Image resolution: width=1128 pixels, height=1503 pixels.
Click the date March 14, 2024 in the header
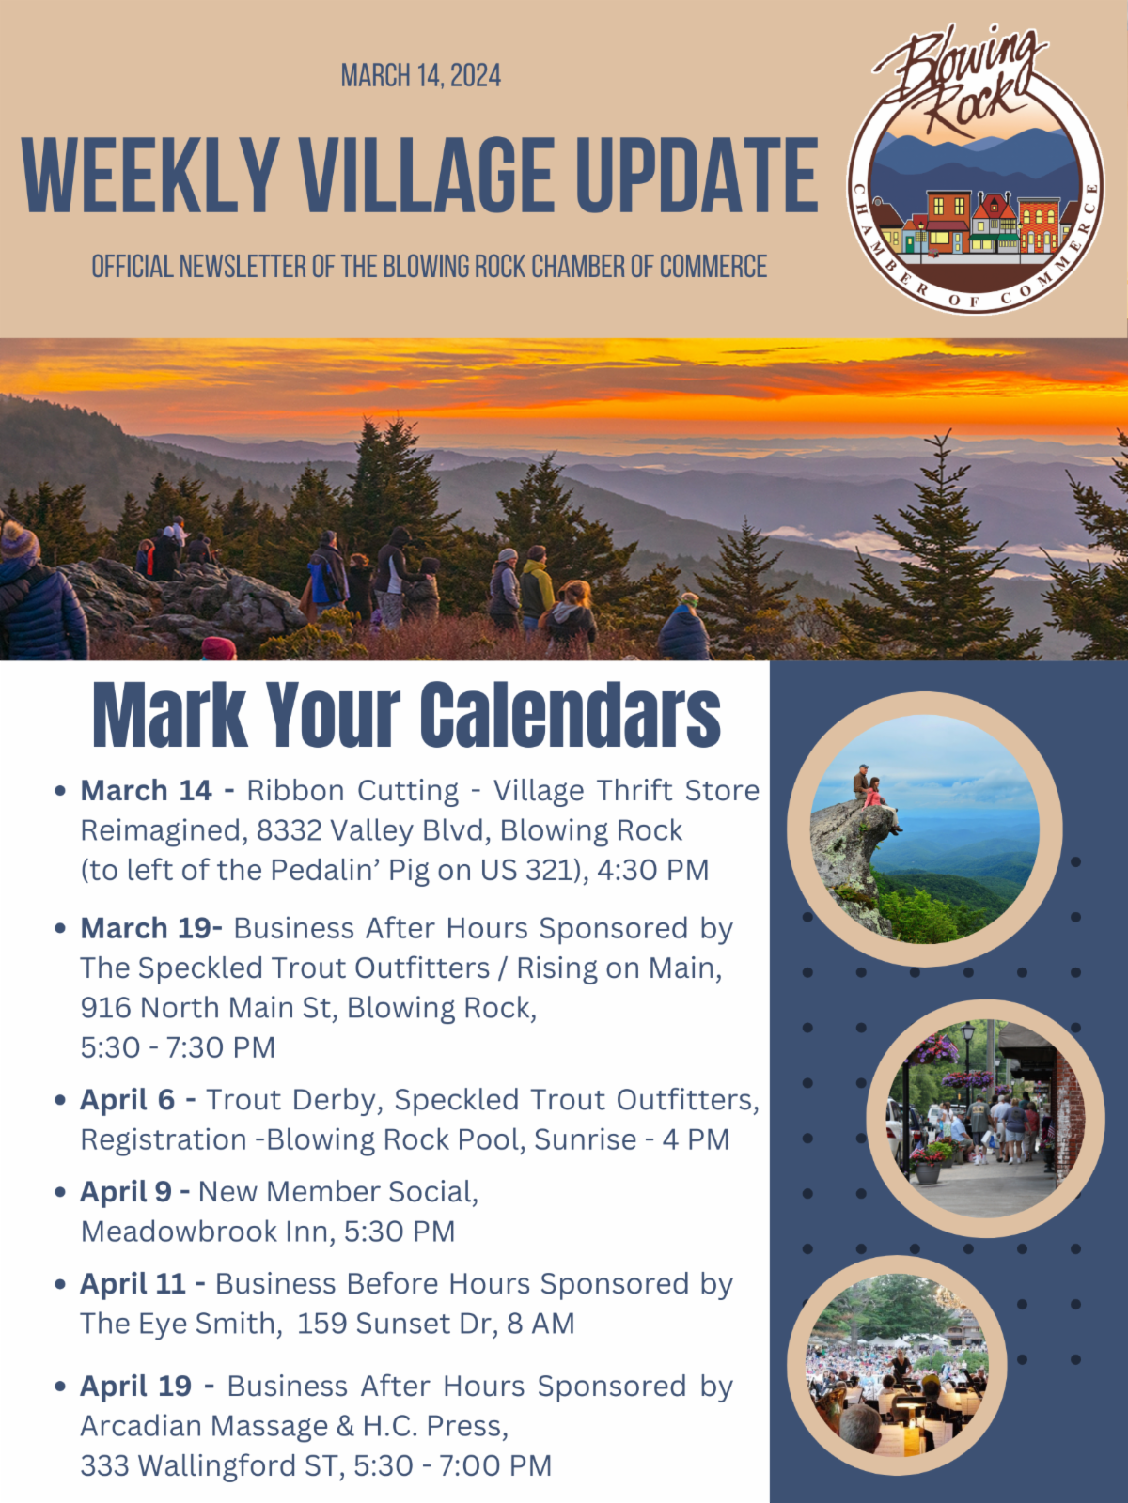[x=420, y=76]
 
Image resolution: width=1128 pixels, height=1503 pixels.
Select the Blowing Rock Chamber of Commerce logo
[x=975, y=169]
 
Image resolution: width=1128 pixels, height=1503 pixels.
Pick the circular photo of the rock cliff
[x=925, y=829]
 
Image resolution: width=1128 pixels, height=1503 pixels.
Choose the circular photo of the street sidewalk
[x=985, y=1118]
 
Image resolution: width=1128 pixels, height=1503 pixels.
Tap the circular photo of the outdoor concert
[x=897, y=1365]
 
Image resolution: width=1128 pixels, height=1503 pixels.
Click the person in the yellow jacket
[x=536, y=587]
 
